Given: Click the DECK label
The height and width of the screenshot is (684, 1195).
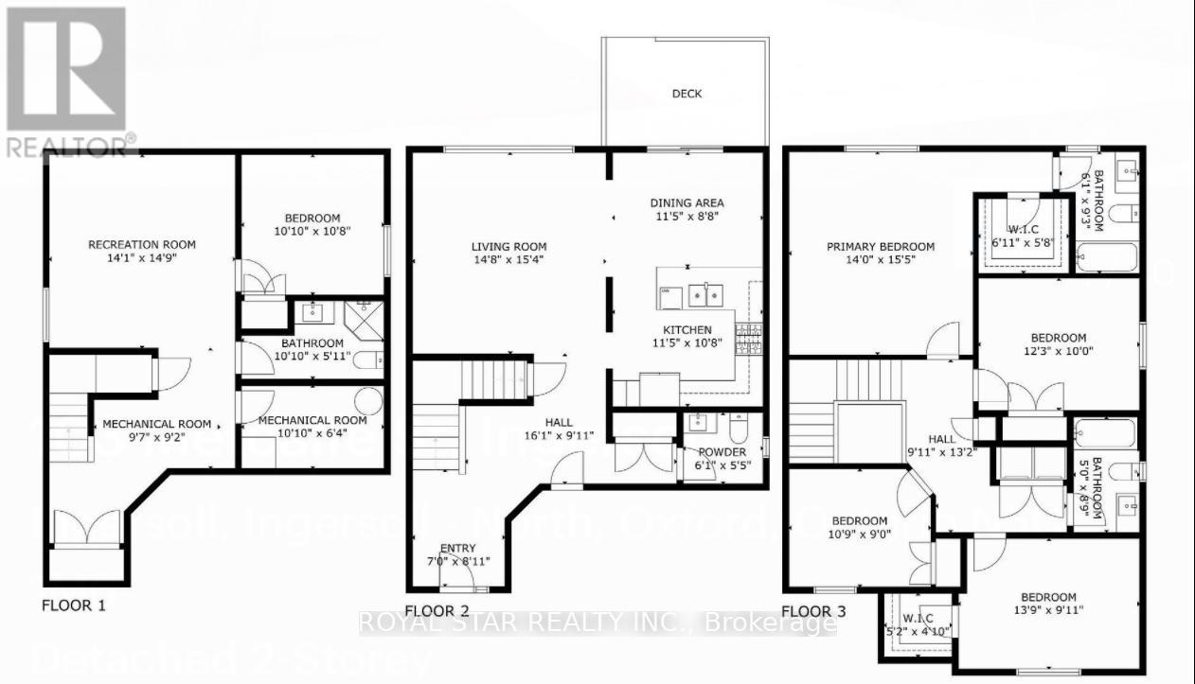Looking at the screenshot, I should pyautogui.click(x=687, y=94).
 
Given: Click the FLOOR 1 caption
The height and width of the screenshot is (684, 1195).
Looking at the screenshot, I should pyautogui.click(x=73, y=605).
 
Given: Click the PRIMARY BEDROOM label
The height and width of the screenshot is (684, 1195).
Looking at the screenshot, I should pyautogui.click(x=880, y=247).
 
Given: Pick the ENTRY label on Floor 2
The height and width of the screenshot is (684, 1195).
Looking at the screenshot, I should pyautogui.click(x=458, y=549).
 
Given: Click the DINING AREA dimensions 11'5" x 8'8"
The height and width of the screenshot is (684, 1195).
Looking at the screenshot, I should pyautogui.click(x=687, y=217).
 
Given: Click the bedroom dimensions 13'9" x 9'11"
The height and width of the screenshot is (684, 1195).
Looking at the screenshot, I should pyautogui.click(x=1049, y=611).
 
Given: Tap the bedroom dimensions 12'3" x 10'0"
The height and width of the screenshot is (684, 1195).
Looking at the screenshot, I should pyautogui.click(x=1058, y=352).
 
